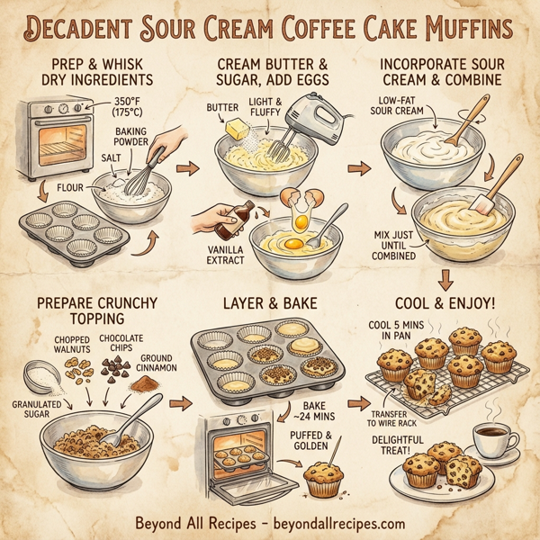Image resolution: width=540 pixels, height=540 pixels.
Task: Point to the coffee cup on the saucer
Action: (x=490, y=438)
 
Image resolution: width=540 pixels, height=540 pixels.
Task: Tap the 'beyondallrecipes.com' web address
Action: (x=337, y=522)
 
